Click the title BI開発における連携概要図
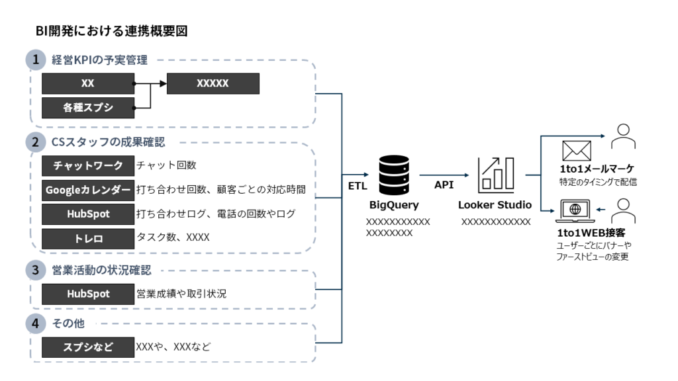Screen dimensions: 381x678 point(112,31)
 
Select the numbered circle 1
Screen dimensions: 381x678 point(36,60)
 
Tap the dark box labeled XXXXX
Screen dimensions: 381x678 point(213,83)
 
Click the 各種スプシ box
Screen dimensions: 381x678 point(88,107)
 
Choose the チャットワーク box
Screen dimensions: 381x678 point(88,165)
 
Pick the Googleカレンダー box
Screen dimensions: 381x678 point(88,190)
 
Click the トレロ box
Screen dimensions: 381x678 point(88,238)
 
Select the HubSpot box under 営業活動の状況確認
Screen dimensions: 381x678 point(88,294)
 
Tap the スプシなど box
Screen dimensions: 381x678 point(88,346)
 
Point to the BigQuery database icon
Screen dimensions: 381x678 point(393,173)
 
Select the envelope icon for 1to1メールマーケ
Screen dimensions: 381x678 point(576,151)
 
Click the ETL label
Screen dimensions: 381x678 point(358,187)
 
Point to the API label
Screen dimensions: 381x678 point(444,185)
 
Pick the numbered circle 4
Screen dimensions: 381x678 point(36,324)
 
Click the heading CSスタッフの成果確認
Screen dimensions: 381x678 point(108,142)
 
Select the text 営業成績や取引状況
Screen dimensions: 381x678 point(181,294)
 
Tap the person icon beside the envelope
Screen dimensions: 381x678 point(622,137)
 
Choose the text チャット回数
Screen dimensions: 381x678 point(166,165)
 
